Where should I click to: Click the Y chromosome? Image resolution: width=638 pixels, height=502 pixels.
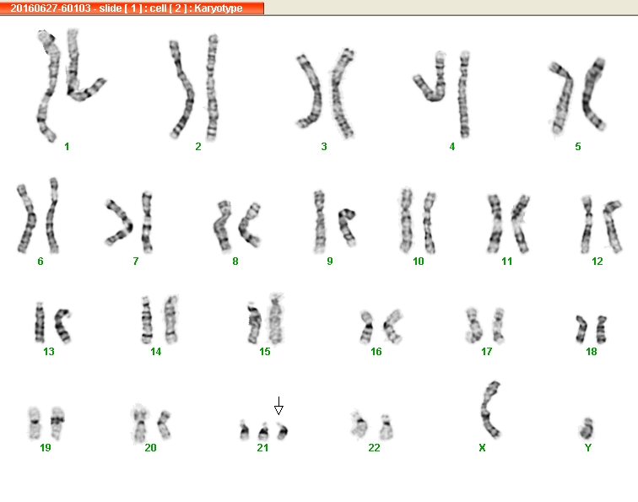point(587,429)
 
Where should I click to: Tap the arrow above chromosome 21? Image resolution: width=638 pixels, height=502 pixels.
point(278,406)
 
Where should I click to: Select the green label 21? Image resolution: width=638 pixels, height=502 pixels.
point(262,448)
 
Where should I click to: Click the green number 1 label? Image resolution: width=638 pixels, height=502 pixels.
point(67,147)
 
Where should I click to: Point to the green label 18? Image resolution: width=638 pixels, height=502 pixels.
point(592,352)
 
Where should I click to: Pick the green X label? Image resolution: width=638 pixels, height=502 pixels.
point(482,448)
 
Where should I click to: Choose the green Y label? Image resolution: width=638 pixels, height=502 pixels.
point(587,448)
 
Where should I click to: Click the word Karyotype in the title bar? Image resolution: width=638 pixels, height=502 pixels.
point(218,8)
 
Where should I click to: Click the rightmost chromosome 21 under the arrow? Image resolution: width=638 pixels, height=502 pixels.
point(283,431)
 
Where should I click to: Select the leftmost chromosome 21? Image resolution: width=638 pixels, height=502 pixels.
point(244,431)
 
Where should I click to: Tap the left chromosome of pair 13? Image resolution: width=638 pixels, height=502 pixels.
point(40,322)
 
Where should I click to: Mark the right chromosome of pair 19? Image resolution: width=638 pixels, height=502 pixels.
point(57,422)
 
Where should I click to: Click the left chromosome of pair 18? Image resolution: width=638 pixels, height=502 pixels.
point(581,329)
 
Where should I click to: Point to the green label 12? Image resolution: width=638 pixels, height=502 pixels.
point(597,262)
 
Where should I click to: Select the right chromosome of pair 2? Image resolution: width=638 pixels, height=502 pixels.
point(212,88)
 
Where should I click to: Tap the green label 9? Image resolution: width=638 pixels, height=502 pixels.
point(330,262)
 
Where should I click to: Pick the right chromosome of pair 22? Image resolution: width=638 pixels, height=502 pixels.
point(387,427)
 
